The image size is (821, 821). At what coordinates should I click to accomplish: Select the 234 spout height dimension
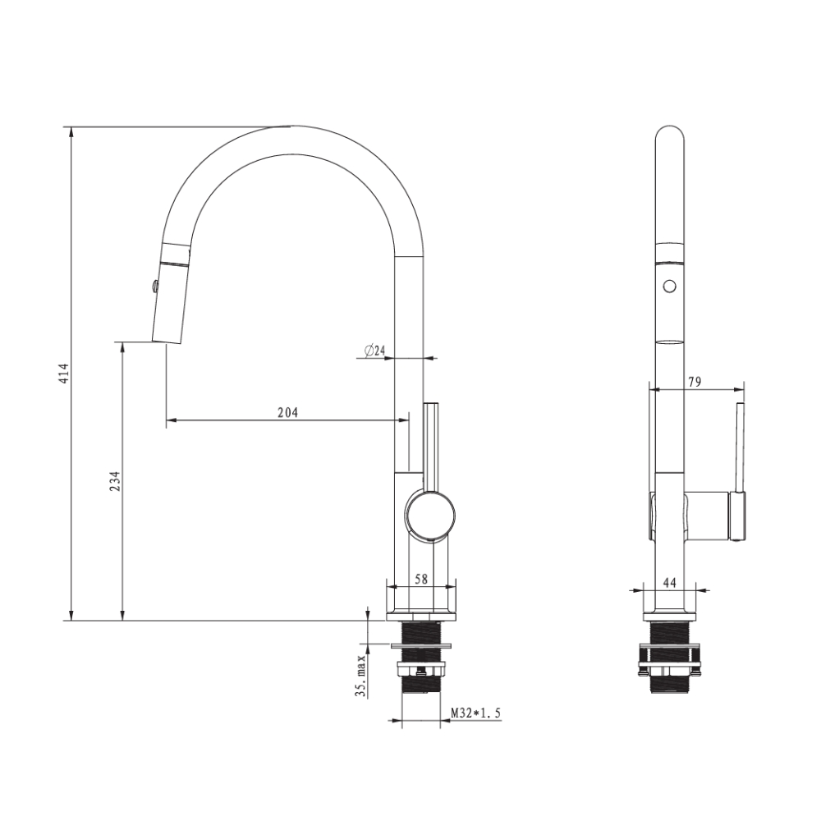115,480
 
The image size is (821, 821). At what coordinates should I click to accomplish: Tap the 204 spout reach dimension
287,412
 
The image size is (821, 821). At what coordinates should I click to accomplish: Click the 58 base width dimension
421,579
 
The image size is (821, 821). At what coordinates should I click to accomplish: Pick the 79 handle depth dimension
694,381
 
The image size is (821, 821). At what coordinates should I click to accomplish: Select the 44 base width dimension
669,582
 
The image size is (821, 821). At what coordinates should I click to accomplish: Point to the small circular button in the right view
669,286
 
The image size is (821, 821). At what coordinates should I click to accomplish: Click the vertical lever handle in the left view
432,443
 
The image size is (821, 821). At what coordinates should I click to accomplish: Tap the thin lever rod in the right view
739,447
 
